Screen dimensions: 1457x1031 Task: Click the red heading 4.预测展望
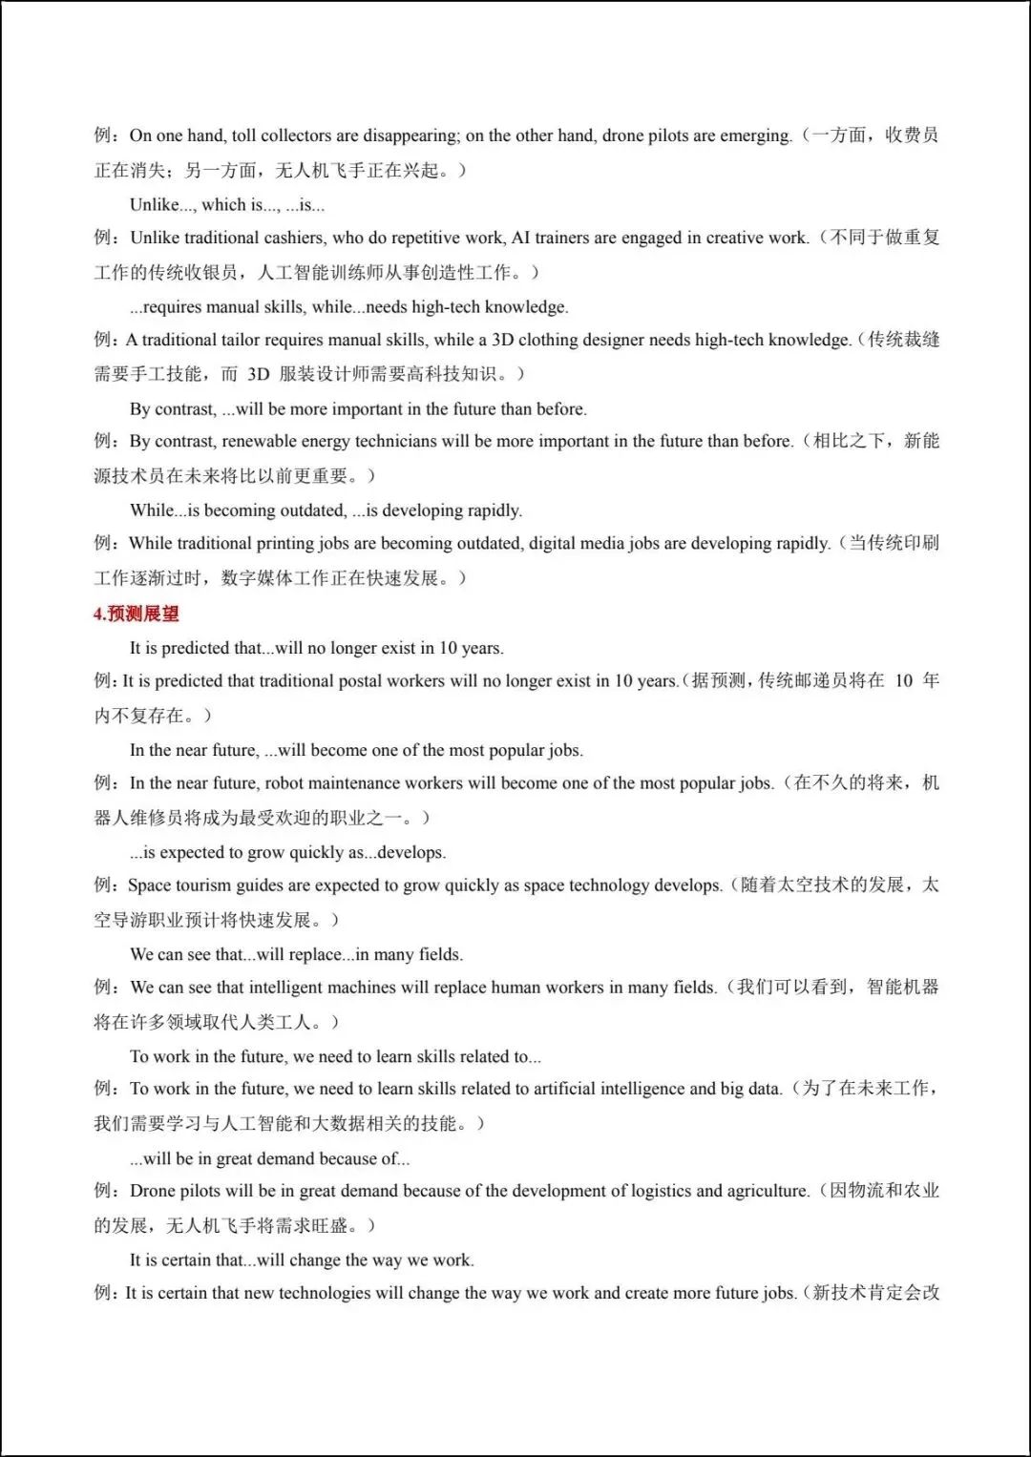coord(137,614)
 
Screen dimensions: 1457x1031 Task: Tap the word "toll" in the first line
coord(243,135)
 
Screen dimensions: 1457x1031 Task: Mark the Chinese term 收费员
coord(912,135)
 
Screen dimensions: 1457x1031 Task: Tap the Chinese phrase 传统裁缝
coord(903,340)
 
